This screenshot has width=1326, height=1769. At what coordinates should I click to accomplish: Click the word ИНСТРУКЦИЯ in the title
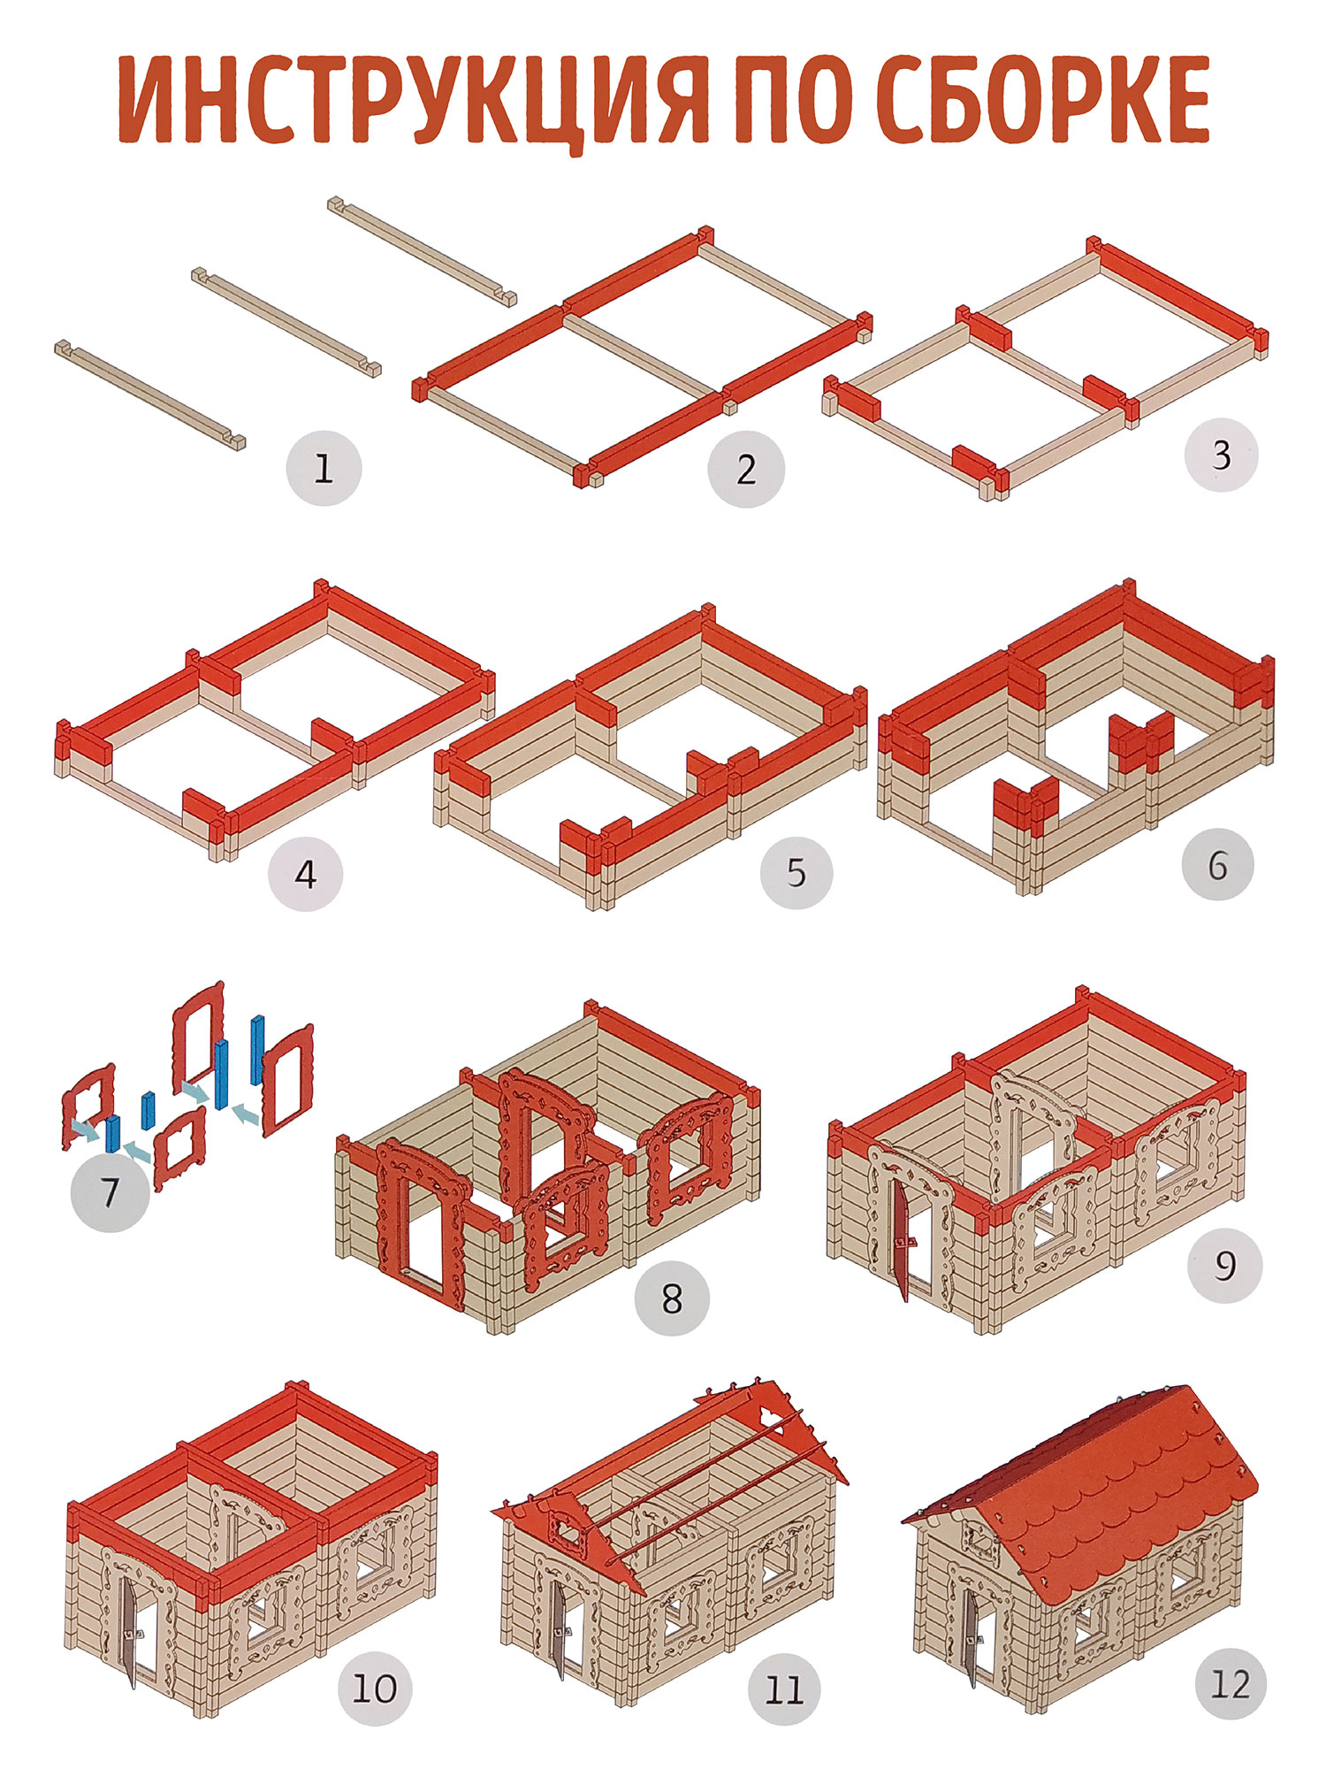(x=414, y=99)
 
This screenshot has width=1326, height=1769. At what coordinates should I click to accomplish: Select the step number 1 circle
(x=324, y=468)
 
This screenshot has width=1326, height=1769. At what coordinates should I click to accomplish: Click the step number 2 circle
(x=746, y=470)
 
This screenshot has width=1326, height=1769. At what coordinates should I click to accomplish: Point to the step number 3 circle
(x=1221, y=455)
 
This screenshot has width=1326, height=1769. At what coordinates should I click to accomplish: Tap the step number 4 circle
(x=306, y=874)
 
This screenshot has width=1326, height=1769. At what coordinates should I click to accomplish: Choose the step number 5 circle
(x=796, y=872)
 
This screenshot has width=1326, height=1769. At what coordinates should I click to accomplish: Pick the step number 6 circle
(x=1218, y=864)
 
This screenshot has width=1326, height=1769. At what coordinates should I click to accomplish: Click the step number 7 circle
(x=110, y=1192)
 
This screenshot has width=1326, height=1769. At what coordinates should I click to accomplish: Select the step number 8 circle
(x=672, y=1298)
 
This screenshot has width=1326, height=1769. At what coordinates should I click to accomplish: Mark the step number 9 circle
(x=1224, y=1265)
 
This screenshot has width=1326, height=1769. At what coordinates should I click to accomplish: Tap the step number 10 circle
(x=375, y=1689)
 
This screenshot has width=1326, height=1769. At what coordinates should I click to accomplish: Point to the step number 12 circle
(x=1230, y=1683)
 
